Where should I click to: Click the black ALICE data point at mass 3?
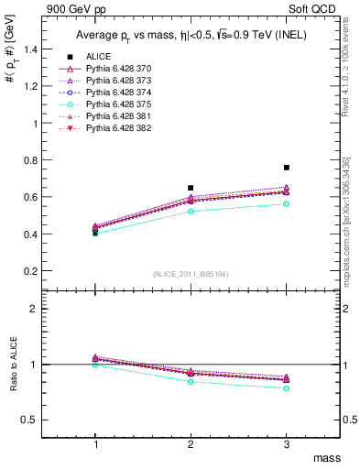click(287, 168)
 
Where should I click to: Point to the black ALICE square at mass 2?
click(191, 188)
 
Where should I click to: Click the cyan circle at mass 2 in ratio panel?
click(191, 381)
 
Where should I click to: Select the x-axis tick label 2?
click(191, 442)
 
